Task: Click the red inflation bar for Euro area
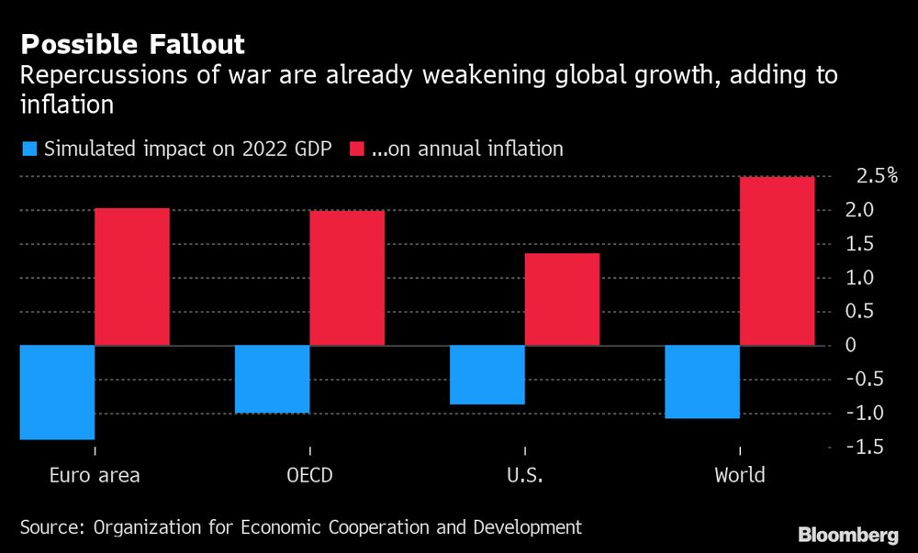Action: [x=132, y=277]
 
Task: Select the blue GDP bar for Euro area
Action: [x=57, y=393]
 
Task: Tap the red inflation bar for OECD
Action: [x=347, y=278]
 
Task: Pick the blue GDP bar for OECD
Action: [x=273, y=380]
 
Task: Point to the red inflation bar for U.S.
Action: [x=562, y=299]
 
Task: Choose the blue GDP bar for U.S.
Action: [x=487, y=375]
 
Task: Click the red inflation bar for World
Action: [x=777, y=261]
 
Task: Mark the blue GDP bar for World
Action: [x=702, y=382]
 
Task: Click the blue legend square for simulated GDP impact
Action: [x=28, y=148]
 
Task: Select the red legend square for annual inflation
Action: [x=355, y=148]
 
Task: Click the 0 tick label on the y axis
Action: [x=851, y=346]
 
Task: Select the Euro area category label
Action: [x=94, y=475]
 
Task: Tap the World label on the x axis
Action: [x=739, y=475]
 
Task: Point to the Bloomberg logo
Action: [x=848, y=535]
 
